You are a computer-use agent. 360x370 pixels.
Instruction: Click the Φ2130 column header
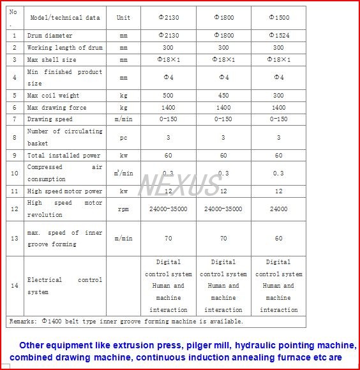pyautogui.click(x=169, y=18)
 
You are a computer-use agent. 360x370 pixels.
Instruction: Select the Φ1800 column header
pyautogui.click(x=223, y=18)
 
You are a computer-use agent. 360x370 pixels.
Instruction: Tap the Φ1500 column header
pyautogui.click(x=278, y=18)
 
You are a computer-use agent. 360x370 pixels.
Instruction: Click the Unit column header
pyautogui.click(x=123, y=18)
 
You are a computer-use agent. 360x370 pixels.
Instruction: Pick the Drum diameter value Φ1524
pyautogui.click(x=278, y=36)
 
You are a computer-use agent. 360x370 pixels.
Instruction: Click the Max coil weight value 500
pyautogui.click(x=169, y=96)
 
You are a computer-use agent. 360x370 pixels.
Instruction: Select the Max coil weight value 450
pyautogui.click(x=223, y=96)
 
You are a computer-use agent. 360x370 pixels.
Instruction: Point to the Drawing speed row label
pyautogui.click(x=50, y=119)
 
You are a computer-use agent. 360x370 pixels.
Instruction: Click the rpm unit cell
pyautogui.click(x=123, y=209)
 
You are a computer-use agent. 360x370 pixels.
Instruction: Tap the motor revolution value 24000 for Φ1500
pyautogui.click(x=278, y=209)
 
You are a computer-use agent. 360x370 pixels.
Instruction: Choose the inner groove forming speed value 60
pyautogui.click(x=278, y=238)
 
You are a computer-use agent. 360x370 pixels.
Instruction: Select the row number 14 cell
pyautogui.click(x=15, y=286)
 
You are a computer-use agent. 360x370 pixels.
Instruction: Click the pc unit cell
pyautogui.click(x=123, y=137)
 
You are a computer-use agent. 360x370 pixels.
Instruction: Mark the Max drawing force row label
pyautogui.click(x=57, y=108)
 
